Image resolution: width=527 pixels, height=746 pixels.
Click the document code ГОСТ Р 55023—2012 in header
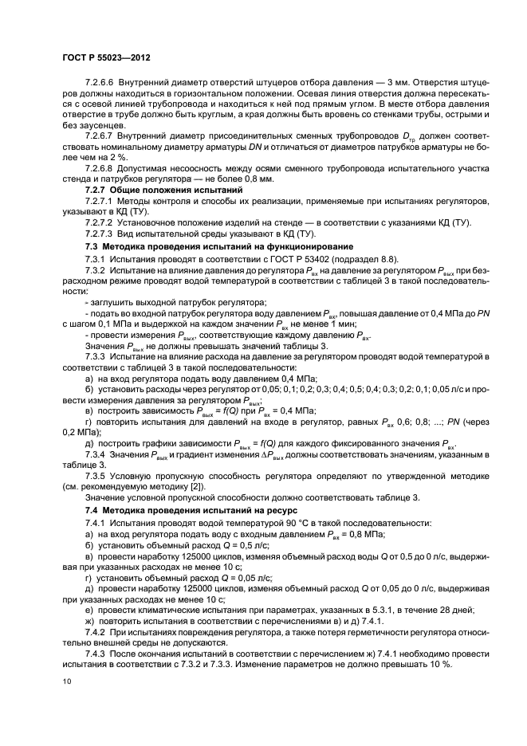(x=108, y=58)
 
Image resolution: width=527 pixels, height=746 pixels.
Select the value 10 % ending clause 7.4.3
(x=440, y=664)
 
